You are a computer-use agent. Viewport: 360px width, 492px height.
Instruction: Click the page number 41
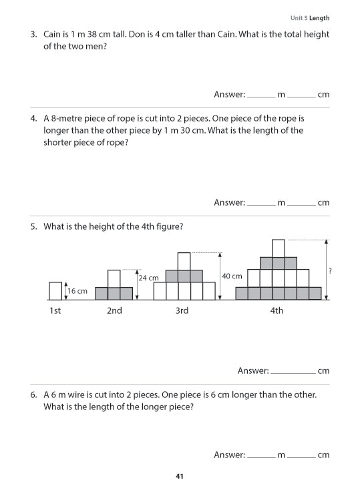coord(179,476)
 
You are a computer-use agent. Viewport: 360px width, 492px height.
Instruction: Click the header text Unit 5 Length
coord(309,18)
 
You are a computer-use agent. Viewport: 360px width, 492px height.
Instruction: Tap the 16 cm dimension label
coord(77,291)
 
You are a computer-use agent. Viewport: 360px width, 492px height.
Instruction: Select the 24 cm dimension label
coord(148,278)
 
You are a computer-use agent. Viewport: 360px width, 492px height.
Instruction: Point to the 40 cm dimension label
coord(232,276)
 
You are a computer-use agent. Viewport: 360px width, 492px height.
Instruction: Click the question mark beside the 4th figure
coord(331,270)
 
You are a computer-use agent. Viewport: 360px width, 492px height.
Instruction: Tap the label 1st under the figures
coord(55,310)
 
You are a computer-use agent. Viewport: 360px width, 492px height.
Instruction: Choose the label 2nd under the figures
coord(114,310)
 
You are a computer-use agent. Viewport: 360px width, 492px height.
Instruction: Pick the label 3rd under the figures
coord(182,310)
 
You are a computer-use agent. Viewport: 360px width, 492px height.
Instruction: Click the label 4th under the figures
coord(277,310)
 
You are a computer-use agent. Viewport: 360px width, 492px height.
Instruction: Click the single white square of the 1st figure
coord(55,291)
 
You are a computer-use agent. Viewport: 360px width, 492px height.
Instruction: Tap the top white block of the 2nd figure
coord(114,278)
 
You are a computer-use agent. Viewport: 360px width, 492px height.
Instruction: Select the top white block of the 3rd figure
coord(184,261)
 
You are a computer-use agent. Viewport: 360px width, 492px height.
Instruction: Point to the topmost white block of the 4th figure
coord(279,248)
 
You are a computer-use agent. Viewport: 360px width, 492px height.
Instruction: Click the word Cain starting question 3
coord(55,34)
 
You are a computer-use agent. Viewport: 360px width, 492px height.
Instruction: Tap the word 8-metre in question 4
coord(69,118)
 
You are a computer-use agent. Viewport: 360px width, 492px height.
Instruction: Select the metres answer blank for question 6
coord(260,455)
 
